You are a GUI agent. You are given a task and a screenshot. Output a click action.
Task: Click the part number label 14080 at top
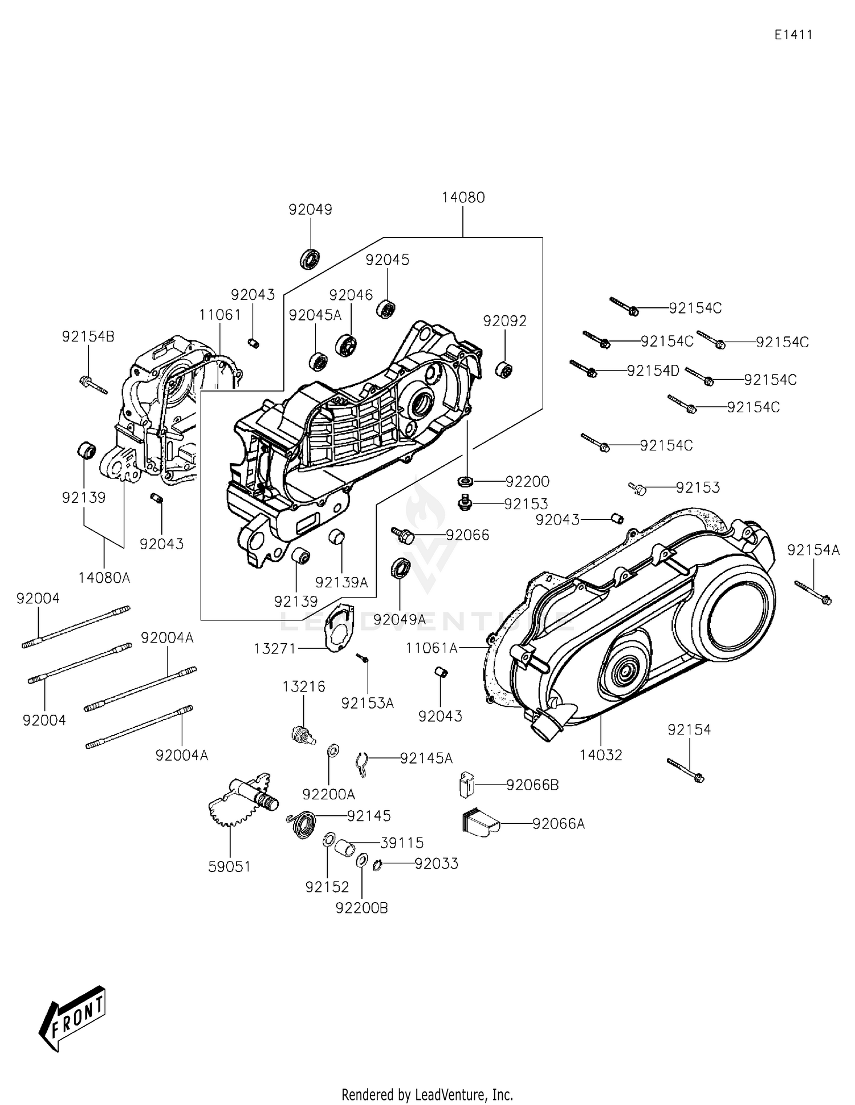463,198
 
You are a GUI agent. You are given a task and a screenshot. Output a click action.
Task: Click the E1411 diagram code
793,35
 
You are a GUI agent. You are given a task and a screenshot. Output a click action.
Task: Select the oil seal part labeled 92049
310,258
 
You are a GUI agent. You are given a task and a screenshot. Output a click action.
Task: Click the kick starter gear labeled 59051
239,798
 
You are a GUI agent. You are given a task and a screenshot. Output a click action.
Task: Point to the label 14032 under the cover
601,755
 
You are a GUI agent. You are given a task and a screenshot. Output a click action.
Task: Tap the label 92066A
558,824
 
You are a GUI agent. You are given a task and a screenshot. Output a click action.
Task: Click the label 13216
304,687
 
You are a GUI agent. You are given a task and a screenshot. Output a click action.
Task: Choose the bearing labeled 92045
387,309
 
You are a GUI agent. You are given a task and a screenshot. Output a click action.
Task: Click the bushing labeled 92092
504,369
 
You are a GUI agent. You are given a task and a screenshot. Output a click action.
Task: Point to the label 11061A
431,648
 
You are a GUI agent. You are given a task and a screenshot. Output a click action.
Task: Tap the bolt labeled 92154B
93,384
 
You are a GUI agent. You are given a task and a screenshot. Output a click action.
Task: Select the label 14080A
104,578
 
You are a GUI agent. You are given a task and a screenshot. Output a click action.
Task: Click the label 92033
436,864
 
